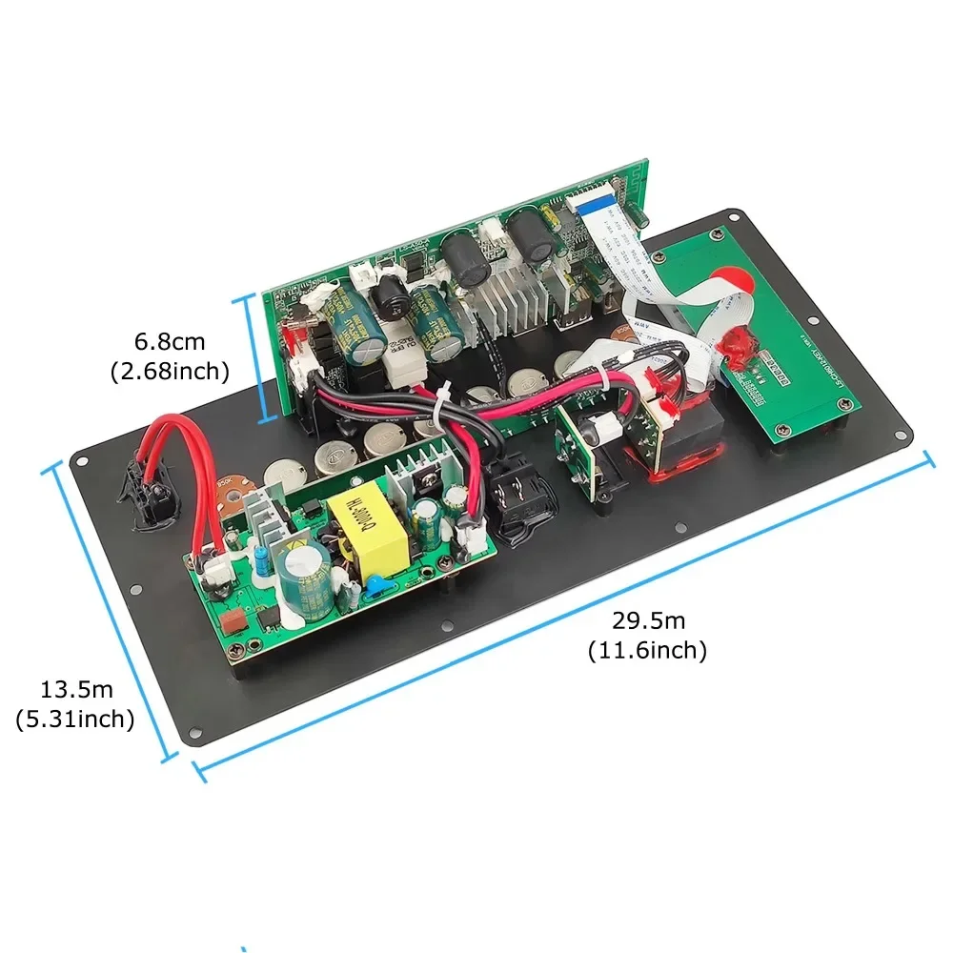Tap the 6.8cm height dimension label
[x=169, y=340]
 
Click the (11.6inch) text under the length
[x=648, y=651]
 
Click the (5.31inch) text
[x=75, y=720]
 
